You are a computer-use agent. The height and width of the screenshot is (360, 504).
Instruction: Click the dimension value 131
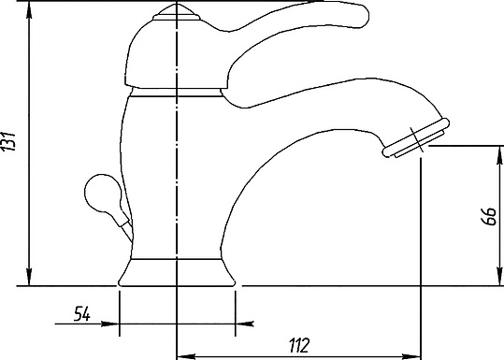8,141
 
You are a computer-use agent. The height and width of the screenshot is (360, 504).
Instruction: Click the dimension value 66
488,216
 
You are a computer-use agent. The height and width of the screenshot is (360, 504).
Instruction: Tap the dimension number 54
82,314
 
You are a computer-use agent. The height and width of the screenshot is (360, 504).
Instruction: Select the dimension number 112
299,345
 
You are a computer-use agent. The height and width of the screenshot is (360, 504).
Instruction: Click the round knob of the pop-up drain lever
103,193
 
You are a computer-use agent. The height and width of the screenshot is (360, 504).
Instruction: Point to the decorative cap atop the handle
176,13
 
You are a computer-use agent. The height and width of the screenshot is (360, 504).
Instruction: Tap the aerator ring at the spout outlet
416,137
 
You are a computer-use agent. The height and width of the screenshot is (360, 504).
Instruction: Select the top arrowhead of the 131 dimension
29,10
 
